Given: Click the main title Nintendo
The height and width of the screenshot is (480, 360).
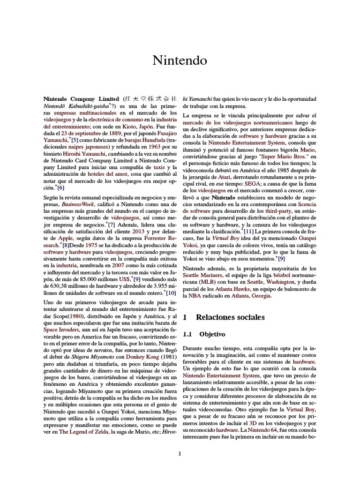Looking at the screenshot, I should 180,60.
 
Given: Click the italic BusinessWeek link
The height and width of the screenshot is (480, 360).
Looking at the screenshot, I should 75,205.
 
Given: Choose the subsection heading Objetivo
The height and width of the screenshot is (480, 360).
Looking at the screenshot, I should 212,334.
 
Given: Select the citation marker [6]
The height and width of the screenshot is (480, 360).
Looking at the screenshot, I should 60,187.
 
